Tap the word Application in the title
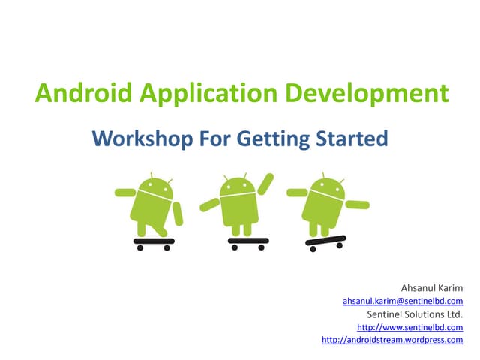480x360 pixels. click(205, 94)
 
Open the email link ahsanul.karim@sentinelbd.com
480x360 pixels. click(403, 300)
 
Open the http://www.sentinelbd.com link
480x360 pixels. click(409, 327)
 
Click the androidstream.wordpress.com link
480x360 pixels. click(392, 340)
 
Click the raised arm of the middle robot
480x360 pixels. click(265, 183)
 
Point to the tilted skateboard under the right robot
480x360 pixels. click(325, 241)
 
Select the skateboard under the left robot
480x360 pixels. click(154, 241)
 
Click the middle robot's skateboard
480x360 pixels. click(247, 241)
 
